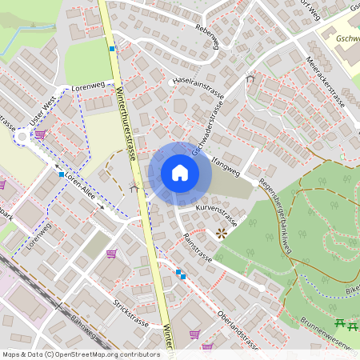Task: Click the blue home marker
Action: (x=179, y=173)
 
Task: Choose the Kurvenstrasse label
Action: (x=216, y=212)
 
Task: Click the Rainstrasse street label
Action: (x=197, y=247)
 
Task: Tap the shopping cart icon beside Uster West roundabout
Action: (x=40, y=134)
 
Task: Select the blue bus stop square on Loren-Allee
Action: (x=61, y=174)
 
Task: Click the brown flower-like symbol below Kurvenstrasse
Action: (x=221, y=233)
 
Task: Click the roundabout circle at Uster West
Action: (x=22, y=137)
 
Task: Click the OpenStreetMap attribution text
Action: (x=81, y=354)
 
